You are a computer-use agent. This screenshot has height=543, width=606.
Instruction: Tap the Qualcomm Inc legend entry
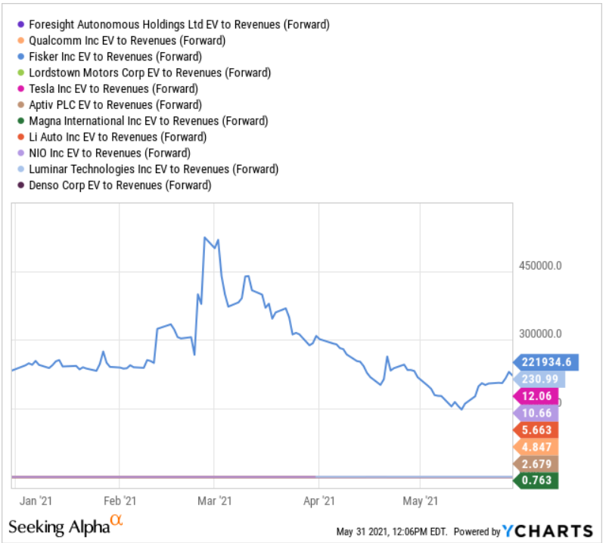point(126,40)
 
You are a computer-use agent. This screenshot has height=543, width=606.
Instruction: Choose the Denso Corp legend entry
point(119,185)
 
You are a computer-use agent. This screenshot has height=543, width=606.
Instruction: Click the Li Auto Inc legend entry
point(117,137)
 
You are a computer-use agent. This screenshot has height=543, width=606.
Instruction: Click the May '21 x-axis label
point(421,500)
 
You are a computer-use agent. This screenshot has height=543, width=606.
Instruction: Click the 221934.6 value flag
point(546,361)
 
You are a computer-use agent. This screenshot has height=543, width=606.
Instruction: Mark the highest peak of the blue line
point(205,237)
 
